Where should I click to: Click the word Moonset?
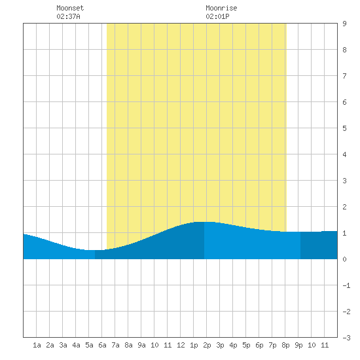[70, 8]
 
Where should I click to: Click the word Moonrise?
[221, 8]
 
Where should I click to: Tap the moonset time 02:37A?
[68, 16]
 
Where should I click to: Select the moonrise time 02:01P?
[217, 16]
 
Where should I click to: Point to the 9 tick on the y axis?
[344, 24]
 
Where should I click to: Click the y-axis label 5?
[344, 128]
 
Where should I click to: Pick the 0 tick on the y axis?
[344, 259]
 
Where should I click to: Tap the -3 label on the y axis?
[346, 338]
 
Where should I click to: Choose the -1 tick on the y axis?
[346, 285]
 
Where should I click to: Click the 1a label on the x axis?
[37, 345]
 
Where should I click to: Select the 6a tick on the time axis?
[102, 345]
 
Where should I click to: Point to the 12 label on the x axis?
[181, 345]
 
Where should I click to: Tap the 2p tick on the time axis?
[207, 346]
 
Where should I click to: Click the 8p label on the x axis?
[285, 346]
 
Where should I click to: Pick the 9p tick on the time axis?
[298, 346]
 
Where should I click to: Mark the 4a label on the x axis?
[76, 345]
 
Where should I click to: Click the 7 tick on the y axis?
[344, 76]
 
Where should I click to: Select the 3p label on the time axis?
[220, 346]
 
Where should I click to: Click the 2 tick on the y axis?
[344, 207]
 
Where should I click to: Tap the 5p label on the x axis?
[246, 346]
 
